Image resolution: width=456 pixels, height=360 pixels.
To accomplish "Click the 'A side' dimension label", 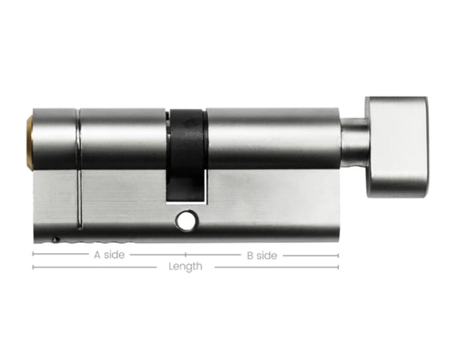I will tap(108, 255).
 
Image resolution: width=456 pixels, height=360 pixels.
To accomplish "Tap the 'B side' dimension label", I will tap(262, 255).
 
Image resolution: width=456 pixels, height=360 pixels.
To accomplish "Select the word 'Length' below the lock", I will tap(186, 268).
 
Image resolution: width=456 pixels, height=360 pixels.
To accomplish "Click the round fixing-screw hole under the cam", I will tap(183, 221).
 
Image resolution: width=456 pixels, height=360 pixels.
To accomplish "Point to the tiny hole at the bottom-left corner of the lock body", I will tap(56, 240).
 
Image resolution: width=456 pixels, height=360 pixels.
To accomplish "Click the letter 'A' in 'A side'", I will tap(96, 255).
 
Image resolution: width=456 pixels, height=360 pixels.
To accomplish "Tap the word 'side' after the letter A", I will tap(114, 255).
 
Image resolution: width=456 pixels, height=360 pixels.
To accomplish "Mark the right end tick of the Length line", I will tap(338, 268).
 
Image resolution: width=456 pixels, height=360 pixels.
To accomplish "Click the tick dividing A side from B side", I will tap(186, 255).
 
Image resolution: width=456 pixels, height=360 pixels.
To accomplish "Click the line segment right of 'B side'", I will tap(310, 255).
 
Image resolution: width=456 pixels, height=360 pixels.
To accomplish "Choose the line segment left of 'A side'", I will tap(60, 255).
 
